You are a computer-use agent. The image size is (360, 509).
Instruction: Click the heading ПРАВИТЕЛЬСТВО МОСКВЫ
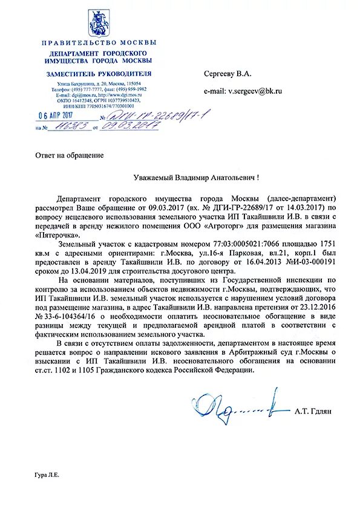coord(99,42)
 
